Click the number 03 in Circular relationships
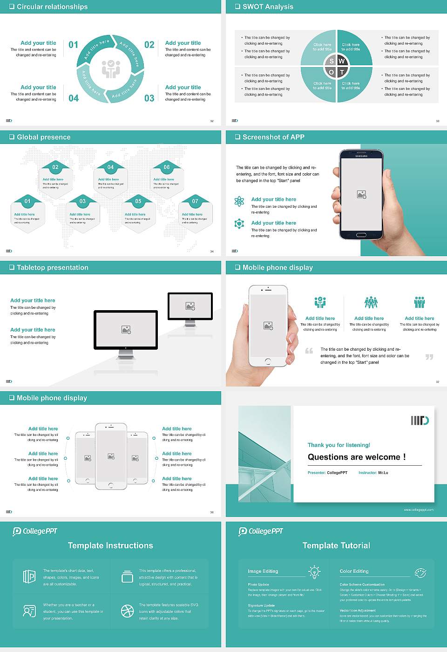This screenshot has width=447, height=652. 149,98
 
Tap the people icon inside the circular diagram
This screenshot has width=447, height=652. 111,68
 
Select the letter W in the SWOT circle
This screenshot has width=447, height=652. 342,61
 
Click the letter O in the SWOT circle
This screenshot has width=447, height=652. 331,72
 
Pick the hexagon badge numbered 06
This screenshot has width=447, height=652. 167,167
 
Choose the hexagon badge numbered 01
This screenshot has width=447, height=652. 27,201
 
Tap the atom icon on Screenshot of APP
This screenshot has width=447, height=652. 239,201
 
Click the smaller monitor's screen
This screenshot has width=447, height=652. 190,306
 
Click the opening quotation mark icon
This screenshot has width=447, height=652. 309,351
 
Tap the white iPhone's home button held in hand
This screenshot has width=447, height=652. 268,361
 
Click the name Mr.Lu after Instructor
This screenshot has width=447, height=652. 383,473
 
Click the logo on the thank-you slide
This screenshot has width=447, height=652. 420,421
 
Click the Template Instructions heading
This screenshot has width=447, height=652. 110,545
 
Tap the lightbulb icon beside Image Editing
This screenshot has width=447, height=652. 314,571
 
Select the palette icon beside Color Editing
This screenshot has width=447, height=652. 420,572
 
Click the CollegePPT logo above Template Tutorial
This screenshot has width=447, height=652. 261,531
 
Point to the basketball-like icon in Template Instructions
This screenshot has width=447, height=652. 127,611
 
